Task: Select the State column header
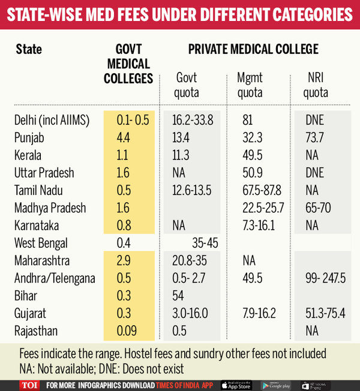click(x=29, y=49)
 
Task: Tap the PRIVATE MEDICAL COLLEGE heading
click(x=253, y=49)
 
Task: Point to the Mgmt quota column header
click(x=250, y=85)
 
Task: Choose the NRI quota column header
click(x=316, y=85)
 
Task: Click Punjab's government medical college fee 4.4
click(x=123, y=137)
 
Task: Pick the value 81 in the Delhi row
click(x=247, y=120)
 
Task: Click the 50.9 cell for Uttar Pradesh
click(x=250, y=173)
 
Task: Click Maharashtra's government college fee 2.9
click(x=123, y=261)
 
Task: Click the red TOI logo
click(x=29, y=384)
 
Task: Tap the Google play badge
click(x=275, y=384)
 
